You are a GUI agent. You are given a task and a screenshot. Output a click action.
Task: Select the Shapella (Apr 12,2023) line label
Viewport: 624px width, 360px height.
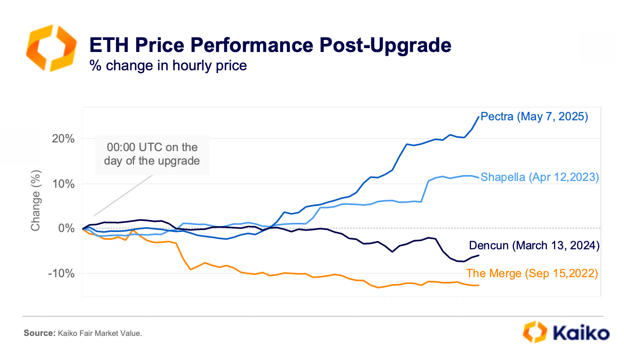pos(540,177)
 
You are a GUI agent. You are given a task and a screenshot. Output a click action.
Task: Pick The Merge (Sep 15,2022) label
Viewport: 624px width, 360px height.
pos(532,273)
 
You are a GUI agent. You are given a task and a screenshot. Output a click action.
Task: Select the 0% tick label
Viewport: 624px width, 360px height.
pos(68,228)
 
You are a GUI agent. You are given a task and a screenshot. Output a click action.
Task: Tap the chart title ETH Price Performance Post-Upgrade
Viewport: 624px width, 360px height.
pos(270,45)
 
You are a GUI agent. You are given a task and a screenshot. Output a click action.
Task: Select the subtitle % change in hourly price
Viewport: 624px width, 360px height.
pos(168,65)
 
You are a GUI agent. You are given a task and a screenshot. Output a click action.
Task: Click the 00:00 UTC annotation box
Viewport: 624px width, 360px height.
pos(152,154)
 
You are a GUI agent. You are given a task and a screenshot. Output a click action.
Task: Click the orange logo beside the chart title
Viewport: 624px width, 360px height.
pos(51,48)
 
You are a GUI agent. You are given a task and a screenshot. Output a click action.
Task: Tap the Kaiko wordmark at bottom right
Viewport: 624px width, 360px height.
pos(580,333)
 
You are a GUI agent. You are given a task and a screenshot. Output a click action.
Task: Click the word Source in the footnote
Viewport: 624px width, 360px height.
pos(39,333)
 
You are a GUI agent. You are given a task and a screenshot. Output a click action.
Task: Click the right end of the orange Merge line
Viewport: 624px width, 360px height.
pos(479,285)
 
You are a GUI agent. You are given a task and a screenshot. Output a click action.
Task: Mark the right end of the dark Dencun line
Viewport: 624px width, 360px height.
pos(479,255)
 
